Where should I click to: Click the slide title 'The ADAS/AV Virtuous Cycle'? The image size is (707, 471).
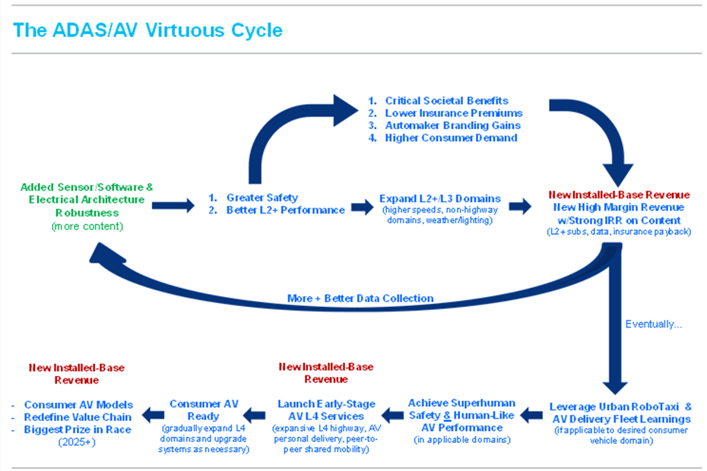pos(148,30)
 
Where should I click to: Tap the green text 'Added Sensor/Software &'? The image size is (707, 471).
pos(87,187)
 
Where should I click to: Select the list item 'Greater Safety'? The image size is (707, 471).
pos(262,198)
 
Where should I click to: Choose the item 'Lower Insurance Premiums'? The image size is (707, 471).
pos(453,113)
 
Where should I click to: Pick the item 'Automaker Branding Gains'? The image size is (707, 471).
pos(452,125)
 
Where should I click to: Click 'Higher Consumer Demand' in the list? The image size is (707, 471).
pos(451,138)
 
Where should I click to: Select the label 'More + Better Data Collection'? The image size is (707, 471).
pos(360,298)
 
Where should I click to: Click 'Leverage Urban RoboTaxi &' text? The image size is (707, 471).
pos(620,406)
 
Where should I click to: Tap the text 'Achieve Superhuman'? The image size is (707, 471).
pos(461,403)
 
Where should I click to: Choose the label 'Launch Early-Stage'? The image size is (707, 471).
pos(321,404)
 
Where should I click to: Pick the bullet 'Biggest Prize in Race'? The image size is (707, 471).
pos(78,429)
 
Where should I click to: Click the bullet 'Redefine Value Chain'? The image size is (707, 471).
pos(78,417)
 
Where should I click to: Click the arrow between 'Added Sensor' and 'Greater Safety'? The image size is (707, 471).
pos(173,204)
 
